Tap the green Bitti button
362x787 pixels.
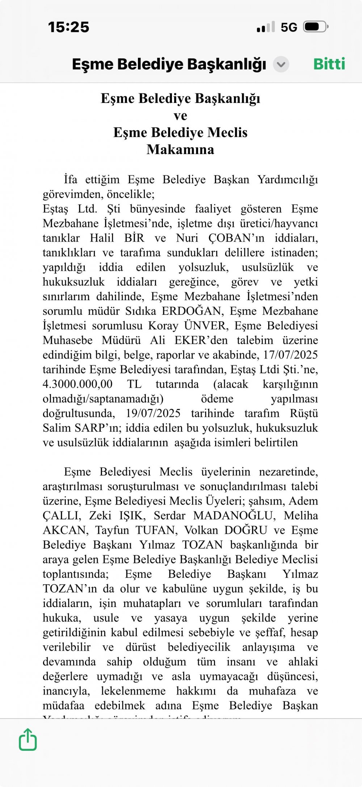(329, 64)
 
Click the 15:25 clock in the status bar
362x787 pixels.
(68, 27)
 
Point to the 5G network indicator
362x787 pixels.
(289, 27)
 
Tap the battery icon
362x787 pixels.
(316, 27)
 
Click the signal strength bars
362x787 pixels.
(266, 27)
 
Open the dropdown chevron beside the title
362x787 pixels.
(281, 65)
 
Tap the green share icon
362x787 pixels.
(28, 740)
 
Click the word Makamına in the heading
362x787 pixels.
(180, 150)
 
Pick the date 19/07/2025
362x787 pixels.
(153, 413)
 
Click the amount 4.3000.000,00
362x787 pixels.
(77, 384)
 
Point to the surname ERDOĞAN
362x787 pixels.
(191, 311)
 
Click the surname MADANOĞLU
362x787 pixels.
(233, 515)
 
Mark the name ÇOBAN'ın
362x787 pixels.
(236, 238)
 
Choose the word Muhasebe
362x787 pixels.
(68, 340)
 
